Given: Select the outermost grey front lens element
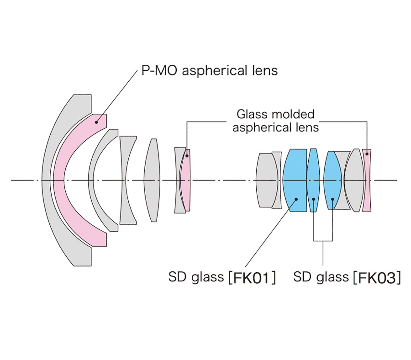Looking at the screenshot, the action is pos(46,180).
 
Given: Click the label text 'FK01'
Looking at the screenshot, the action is pos(251,278).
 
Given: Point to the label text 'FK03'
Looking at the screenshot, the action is pos(377,278).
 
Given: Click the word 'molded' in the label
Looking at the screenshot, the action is pos(293,114).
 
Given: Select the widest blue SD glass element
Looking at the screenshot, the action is pos(295,180).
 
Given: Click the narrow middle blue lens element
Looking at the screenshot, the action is pos(313,180).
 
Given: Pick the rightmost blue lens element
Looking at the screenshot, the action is pos(332,180).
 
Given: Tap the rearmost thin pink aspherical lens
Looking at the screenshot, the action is pos(367,180).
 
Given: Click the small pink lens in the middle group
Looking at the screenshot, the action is pos(185,180).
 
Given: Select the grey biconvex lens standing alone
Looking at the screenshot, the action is pos(152,180).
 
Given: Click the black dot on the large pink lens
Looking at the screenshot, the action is pos(96,122).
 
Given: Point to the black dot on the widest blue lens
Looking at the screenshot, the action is pos(296,199).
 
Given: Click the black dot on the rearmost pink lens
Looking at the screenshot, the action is pos(367,154).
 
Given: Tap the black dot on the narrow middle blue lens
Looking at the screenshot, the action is pos(314,199).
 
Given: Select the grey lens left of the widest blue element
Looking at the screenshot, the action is pos(277,180).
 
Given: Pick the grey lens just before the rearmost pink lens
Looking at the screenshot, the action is pos(354,180).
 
